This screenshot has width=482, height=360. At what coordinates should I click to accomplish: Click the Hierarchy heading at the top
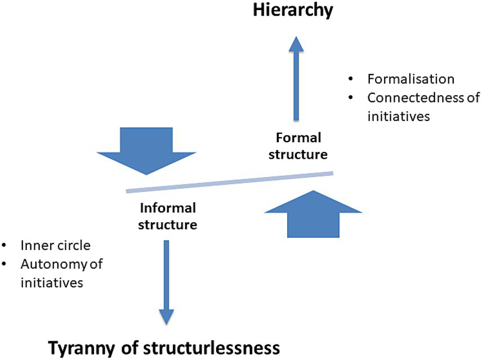(293, 10)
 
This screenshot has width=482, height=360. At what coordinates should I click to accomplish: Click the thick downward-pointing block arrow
(146, 150)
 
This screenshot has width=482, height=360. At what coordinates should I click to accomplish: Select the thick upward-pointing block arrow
(313, 214)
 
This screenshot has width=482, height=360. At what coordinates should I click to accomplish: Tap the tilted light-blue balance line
(230, 182)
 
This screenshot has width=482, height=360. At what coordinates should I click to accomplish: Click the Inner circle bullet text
(55, 246)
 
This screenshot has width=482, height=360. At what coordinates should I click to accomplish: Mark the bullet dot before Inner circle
(5, 246)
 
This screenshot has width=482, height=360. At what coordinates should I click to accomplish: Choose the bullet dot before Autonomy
(5, 263)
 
